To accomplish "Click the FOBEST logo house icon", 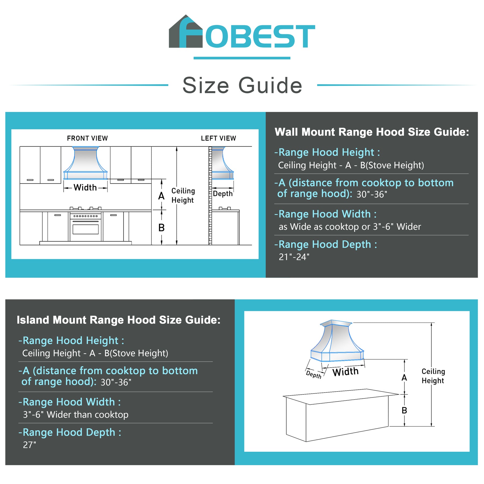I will (186, 32).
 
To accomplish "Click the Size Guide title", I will (242, 85).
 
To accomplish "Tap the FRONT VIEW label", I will (87, 138).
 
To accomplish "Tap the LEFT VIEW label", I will (218, 138).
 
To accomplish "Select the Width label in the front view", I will (85, 187).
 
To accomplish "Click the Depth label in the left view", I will (223, 194).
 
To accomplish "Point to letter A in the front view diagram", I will (161, 196).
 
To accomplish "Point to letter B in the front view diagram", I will (161, 228).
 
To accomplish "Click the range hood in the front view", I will (86, 163).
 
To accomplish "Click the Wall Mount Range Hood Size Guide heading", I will (372, 132).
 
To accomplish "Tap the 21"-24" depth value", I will (294, 257).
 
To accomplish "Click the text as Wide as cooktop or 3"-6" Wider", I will (350, 227).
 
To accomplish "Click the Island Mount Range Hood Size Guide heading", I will (118, 320).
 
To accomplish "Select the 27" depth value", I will (29, 445).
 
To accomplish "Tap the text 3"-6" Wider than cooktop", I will (76, 415).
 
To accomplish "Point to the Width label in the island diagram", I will (345, 372).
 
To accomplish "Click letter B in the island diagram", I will (404, 410).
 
